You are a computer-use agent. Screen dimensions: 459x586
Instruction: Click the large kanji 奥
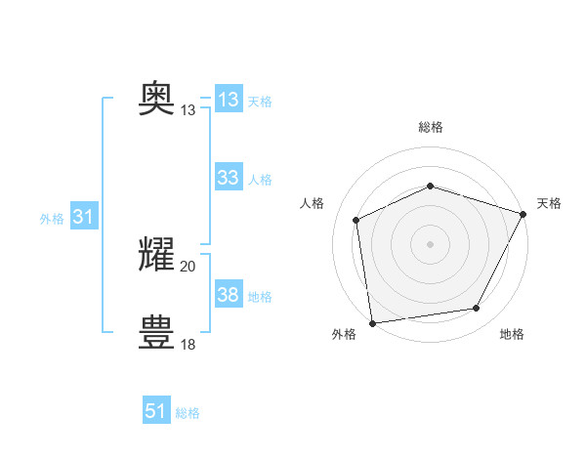(157, 99)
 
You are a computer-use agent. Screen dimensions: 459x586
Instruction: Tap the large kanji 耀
(157, 254)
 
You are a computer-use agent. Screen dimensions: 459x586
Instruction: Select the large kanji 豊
(157, 332)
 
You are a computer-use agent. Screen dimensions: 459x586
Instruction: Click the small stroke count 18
(188, 344)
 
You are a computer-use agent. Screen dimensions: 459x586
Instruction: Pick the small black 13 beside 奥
(188, 110)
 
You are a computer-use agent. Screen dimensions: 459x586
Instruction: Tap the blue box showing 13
(229, 100)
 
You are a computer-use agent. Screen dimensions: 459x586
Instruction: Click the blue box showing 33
(229, 178)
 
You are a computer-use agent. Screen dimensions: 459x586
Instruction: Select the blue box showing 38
(229, 295)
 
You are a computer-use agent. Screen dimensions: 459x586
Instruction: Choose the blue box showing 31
(83, 218)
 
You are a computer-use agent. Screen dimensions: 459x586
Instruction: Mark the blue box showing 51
(156, 411)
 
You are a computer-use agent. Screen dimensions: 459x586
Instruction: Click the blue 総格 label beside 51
(188, 413)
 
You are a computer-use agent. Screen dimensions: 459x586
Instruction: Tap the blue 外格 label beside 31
(52, 219)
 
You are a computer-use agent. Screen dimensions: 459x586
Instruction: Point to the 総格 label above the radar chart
(430, 127)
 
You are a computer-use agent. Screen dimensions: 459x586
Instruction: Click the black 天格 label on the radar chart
(549, 203)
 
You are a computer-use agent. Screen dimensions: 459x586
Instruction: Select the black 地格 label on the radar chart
(512, 334)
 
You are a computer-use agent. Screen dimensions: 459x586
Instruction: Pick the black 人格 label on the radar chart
(312, 203)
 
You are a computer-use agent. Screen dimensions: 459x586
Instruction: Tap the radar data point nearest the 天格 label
(524, 213)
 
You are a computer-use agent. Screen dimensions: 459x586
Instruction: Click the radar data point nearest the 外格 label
(372, 322)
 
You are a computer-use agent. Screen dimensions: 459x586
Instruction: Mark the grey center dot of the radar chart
(430, 243)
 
